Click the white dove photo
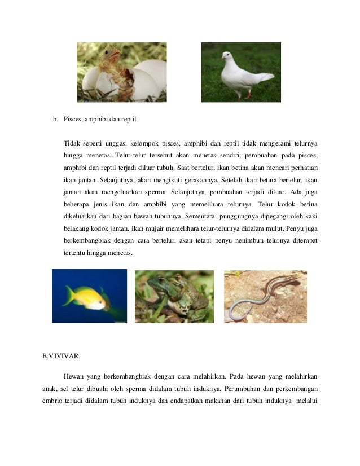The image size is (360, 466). coord(240,72)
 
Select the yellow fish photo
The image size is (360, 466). coord(89,296)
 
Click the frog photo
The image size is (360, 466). coord(174,296)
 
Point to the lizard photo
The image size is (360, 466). coord(265,296)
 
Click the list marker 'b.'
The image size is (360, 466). coord(56,119)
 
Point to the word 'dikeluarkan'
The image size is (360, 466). coord(81,217)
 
